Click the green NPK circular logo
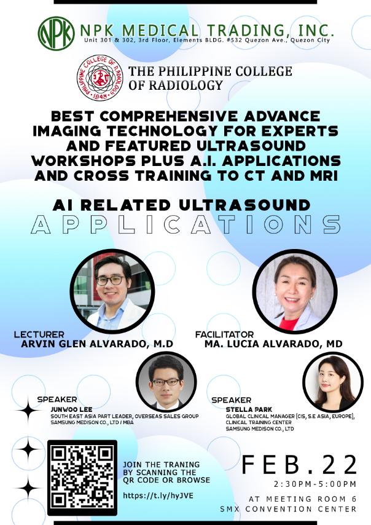(56, 33)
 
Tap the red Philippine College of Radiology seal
(100, 78)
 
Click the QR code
(82, 478)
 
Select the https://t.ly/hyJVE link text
(158, 495)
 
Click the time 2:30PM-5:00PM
(315, 484)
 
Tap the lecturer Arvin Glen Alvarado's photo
(112, 291)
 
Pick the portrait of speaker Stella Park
(333, 382)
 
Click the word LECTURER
(39, 334)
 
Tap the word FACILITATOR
(224, 334)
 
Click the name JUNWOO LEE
(71, 409)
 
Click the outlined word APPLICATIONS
(185, 224)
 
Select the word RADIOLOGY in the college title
(185, 85)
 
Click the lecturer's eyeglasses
(111, 280)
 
